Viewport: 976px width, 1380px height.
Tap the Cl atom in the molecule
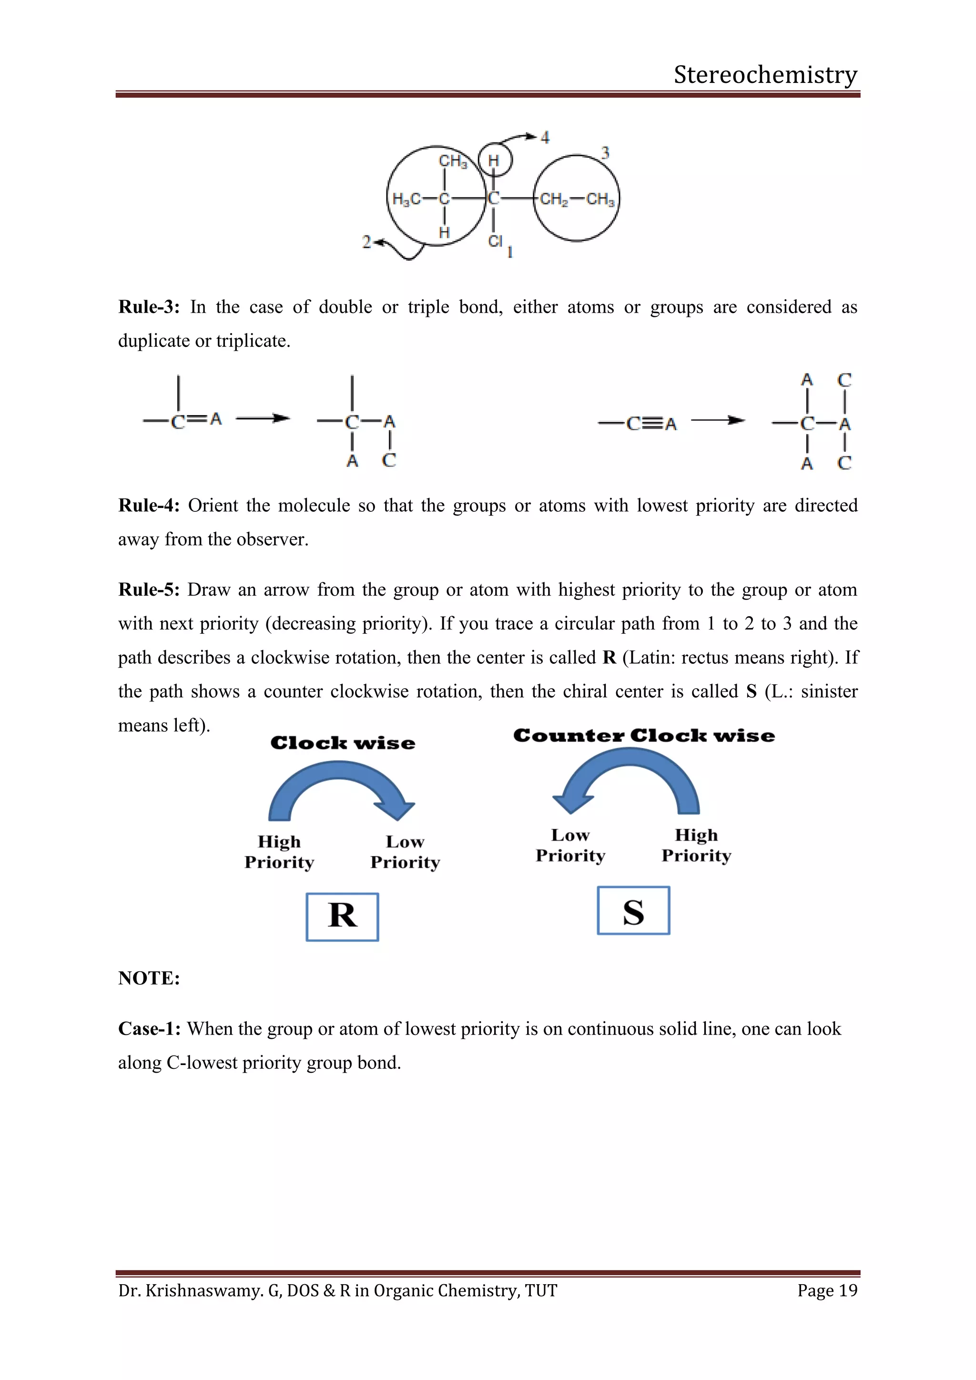[x=495, y=241]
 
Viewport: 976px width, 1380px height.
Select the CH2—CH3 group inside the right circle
[x=576, y=199]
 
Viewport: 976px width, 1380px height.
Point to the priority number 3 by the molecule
[x=605, y=152]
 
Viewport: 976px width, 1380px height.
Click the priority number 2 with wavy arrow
[x=366, y=242]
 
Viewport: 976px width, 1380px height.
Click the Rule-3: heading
[x=148, y=307]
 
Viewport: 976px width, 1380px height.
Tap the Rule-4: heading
[x=148, y=506]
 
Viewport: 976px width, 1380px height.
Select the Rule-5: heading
[x=148, y=589]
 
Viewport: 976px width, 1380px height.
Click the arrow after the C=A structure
[x=263, y=418]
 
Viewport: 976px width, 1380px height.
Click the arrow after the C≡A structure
[x=718, y=420]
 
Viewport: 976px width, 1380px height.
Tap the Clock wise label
[x=343, y=743]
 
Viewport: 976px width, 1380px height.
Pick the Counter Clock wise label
[x=644, y=736]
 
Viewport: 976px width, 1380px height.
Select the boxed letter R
[x=342, y=916]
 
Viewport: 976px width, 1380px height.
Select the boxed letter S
[x=633, y=911]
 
